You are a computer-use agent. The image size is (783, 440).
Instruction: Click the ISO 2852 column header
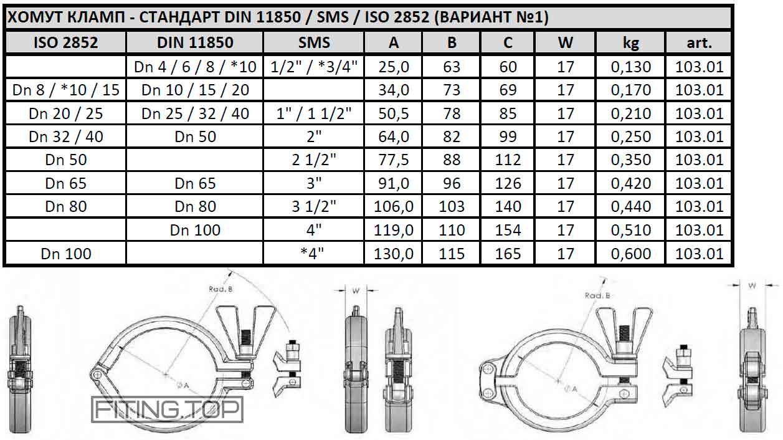point(65,42)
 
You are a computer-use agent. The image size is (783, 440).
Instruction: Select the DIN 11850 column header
point(195,42)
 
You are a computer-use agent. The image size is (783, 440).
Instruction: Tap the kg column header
point(630,42)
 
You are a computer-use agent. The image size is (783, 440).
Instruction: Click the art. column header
point(699,42)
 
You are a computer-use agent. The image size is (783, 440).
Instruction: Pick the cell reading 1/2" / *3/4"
point(314,67)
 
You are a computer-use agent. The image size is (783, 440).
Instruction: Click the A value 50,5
point(394,113)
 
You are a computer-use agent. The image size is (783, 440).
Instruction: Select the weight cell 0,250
point(631,136)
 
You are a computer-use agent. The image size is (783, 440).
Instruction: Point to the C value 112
point(508,160)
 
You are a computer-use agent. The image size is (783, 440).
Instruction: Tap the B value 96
point(452,183)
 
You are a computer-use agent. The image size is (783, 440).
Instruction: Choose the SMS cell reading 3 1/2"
point(314,206)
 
